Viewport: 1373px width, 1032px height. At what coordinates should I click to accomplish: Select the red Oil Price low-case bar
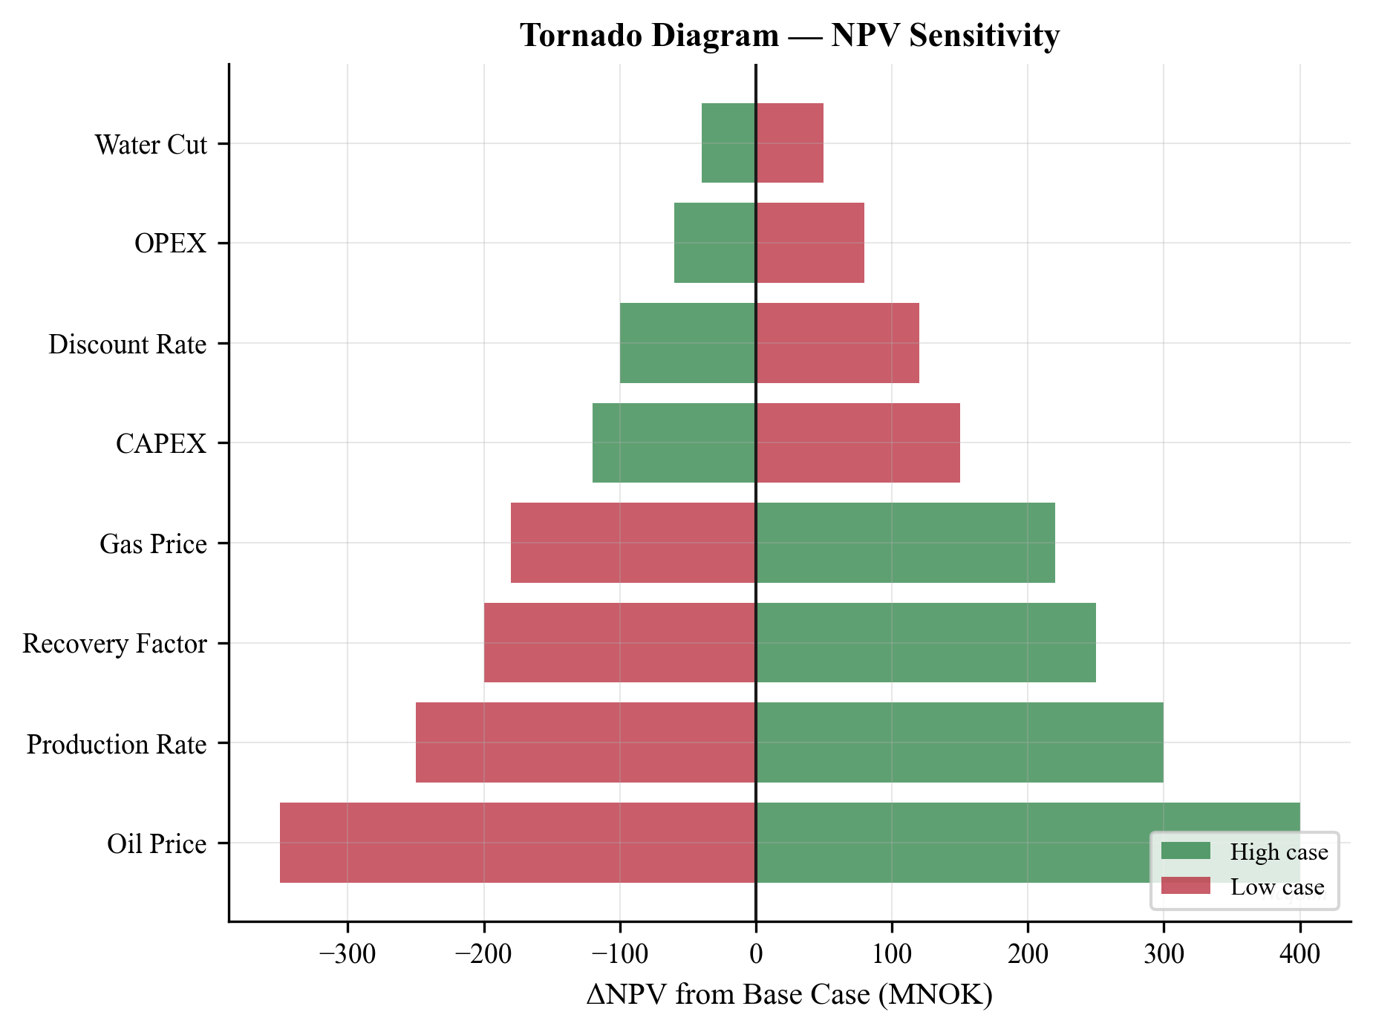coord(518,842)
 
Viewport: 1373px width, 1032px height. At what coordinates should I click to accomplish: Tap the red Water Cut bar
coord(789,143)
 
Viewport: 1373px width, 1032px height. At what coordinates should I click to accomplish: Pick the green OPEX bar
coord(714,243)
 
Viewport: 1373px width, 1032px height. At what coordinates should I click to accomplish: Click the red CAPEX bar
coord(858,442)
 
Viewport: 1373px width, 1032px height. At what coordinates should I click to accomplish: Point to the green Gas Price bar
coord(905,543)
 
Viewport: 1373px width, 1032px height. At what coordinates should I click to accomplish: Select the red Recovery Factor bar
coord(619,642)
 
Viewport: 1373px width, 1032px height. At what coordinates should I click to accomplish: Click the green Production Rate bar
coord(959,742)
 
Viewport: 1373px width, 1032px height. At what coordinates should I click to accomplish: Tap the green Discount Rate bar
coord(688,343)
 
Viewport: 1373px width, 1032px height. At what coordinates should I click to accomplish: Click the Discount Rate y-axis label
coord(127,344)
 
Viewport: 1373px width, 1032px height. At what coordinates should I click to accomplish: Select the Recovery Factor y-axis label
coord(114,644)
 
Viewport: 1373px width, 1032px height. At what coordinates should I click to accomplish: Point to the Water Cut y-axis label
coord(151,145)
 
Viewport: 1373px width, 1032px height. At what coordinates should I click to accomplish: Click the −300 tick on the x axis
coord(347,953)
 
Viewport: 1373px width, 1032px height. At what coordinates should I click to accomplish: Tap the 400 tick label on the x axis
coord(1299,953)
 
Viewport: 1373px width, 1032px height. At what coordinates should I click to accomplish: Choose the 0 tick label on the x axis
coord(755,953)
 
